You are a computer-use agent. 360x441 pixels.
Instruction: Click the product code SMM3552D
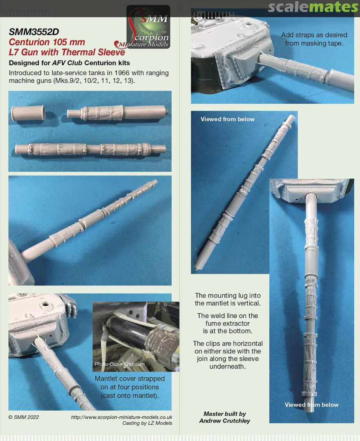pyautogui.click(x=34, y=32)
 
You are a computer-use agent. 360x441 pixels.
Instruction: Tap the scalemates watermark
pyautogui.click(x=313, y=7)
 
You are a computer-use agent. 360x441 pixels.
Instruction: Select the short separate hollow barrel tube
pyautogui.click(x=28, y=113)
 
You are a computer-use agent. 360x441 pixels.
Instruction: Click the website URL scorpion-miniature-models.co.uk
pyautogui.click(x=121, y=417)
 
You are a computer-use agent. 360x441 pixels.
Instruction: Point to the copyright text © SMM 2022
pyautogui.click(x=24, y=417)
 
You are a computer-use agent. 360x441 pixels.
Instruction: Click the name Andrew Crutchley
pyautogui.click(x=225, y=421)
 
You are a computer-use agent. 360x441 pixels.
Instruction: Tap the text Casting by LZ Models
pyautogui.click(x=147, y=423)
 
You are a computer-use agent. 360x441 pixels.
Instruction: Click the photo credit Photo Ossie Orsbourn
pyautogui.click(x=120, y=364)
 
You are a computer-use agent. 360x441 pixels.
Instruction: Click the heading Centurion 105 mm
pyautogui.click(x=47, y=42)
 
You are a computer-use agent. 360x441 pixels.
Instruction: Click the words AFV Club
pyautogui.click(x=67, y=63)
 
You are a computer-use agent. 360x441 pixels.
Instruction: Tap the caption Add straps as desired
pyautogui.click(x=314, y=35)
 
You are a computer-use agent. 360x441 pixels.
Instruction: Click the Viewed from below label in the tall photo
pyautogui.click(x=312, y=405)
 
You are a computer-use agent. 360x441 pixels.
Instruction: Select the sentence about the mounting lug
pyautogui.click(x=228, y=299)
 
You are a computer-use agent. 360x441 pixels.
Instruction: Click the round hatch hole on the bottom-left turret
pyautogui.click(x=45, y=304)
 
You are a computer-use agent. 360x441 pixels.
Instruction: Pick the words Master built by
pyautogui.click(x=225, y=414)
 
